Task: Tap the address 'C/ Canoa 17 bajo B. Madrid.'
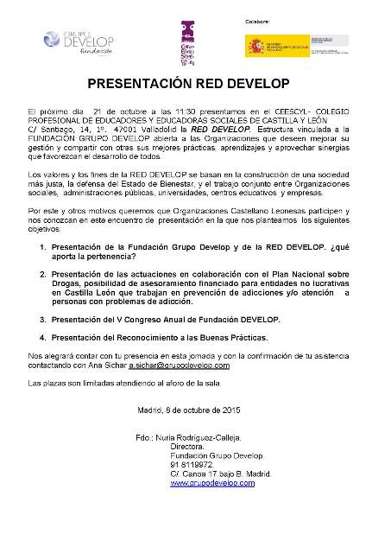click(221, 474)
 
